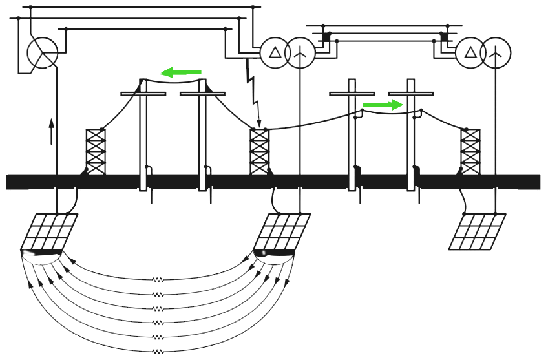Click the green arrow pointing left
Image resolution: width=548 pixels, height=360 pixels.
[x=180, y=72]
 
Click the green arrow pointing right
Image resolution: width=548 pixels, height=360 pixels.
[x=383, y=104]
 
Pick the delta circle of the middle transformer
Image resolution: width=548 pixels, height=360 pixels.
[x=275, y=52]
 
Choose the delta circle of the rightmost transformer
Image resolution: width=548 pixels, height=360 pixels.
[x=470, y=52]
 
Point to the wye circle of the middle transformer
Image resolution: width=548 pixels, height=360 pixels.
[x=299, y=52]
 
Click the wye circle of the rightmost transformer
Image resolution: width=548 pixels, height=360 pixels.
[x=496, y=52]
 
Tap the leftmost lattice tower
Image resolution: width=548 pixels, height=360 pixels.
[x=96, y=151]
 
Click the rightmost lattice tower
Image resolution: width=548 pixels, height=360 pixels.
[x=470, y=151]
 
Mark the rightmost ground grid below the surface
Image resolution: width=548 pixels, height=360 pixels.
[x=478, y=231]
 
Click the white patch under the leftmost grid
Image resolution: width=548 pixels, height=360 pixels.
[x=41, y=258]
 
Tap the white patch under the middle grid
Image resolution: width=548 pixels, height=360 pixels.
[x=274, y=257]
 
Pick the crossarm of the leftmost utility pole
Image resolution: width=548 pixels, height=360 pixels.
[x=143, y=94]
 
